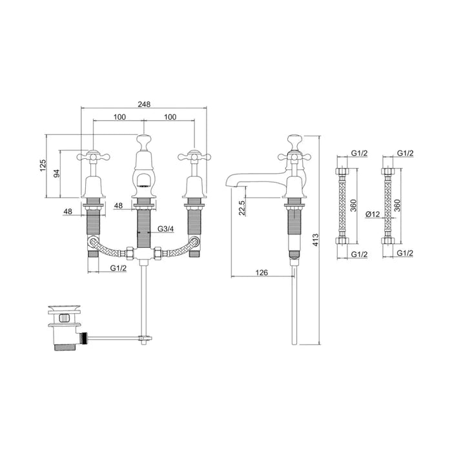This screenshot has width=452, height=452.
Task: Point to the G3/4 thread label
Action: pos(165,229)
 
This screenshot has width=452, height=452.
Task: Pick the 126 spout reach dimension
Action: pos(262,273)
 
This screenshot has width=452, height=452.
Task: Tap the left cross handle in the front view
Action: pos(94,156)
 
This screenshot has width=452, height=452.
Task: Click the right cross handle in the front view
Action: pos(192,156)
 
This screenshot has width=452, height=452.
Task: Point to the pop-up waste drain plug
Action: pos(63,318)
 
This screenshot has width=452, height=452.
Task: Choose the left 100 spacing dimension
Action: pos(118,116)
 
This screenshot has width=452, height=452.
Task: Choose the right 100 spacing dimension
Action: pos(170,116)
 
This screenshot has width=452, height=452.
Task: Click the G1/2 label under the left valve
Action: pos(118,267)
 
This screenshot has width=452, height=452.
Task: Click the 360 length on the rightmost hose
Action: pos(402,205)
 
